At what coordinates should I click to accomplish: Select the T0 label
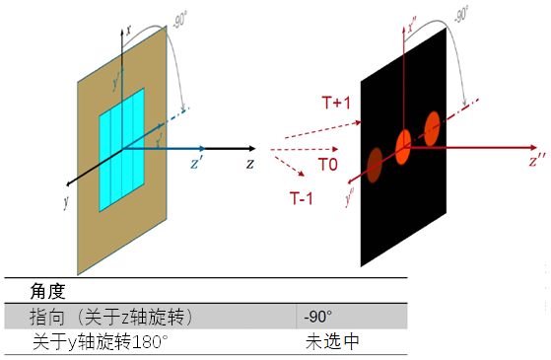click(x=328, y=166)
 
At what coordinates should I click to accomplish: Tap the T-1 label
click(x=302, y=198)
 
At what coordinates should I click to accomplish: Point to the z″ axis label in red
click(x=537, y=158)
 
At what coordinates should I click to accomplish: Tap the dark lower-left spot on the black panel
click(x=375, y=164)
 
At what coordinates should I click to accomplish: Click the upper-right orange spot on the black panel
click(x=431, y=126)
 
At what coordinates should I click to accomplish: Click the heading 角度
click(x=48, y=292)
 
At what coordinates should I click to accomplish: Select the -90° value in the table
click(x=316, y=317)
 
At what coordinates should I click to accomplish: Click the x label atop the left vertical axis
click(x=128, y=31)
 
